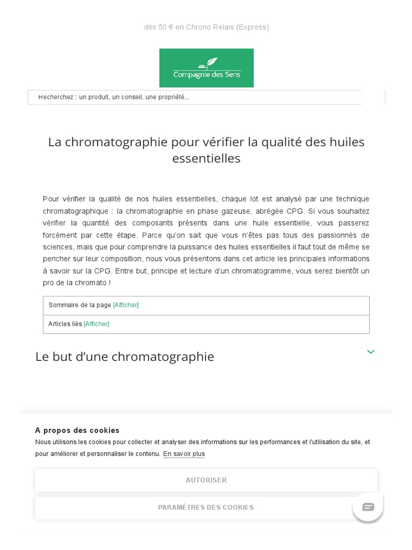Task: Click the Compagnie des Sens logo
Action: (207, 68)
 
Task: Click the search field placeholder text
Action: (114, 97)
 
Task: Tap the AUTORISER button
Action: (206, 480)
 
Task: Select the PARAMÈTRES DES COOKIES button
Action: (206, 508)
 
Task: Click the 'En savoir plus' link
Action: (184, 454)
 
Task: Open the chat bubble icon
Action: (368, 506)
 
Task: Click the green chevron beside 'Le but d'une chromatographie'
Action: (371, 352)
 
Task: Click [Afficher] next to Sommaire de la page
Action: (126, 305)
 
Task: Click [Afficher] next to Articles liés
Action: (97, 324)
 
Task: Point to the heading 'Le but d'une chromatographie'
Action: (124, 357)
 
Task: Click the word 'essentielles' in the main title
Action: (206, 158)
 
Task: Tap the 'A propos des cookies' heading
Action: (77, 430)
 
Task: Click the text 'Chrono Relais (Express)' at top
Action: (227, 27)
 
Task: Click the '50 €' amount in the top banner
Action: (166, 27)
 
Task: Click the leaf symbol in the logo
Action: (212, 63)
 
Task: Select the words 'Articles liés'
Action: (65, 324)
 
